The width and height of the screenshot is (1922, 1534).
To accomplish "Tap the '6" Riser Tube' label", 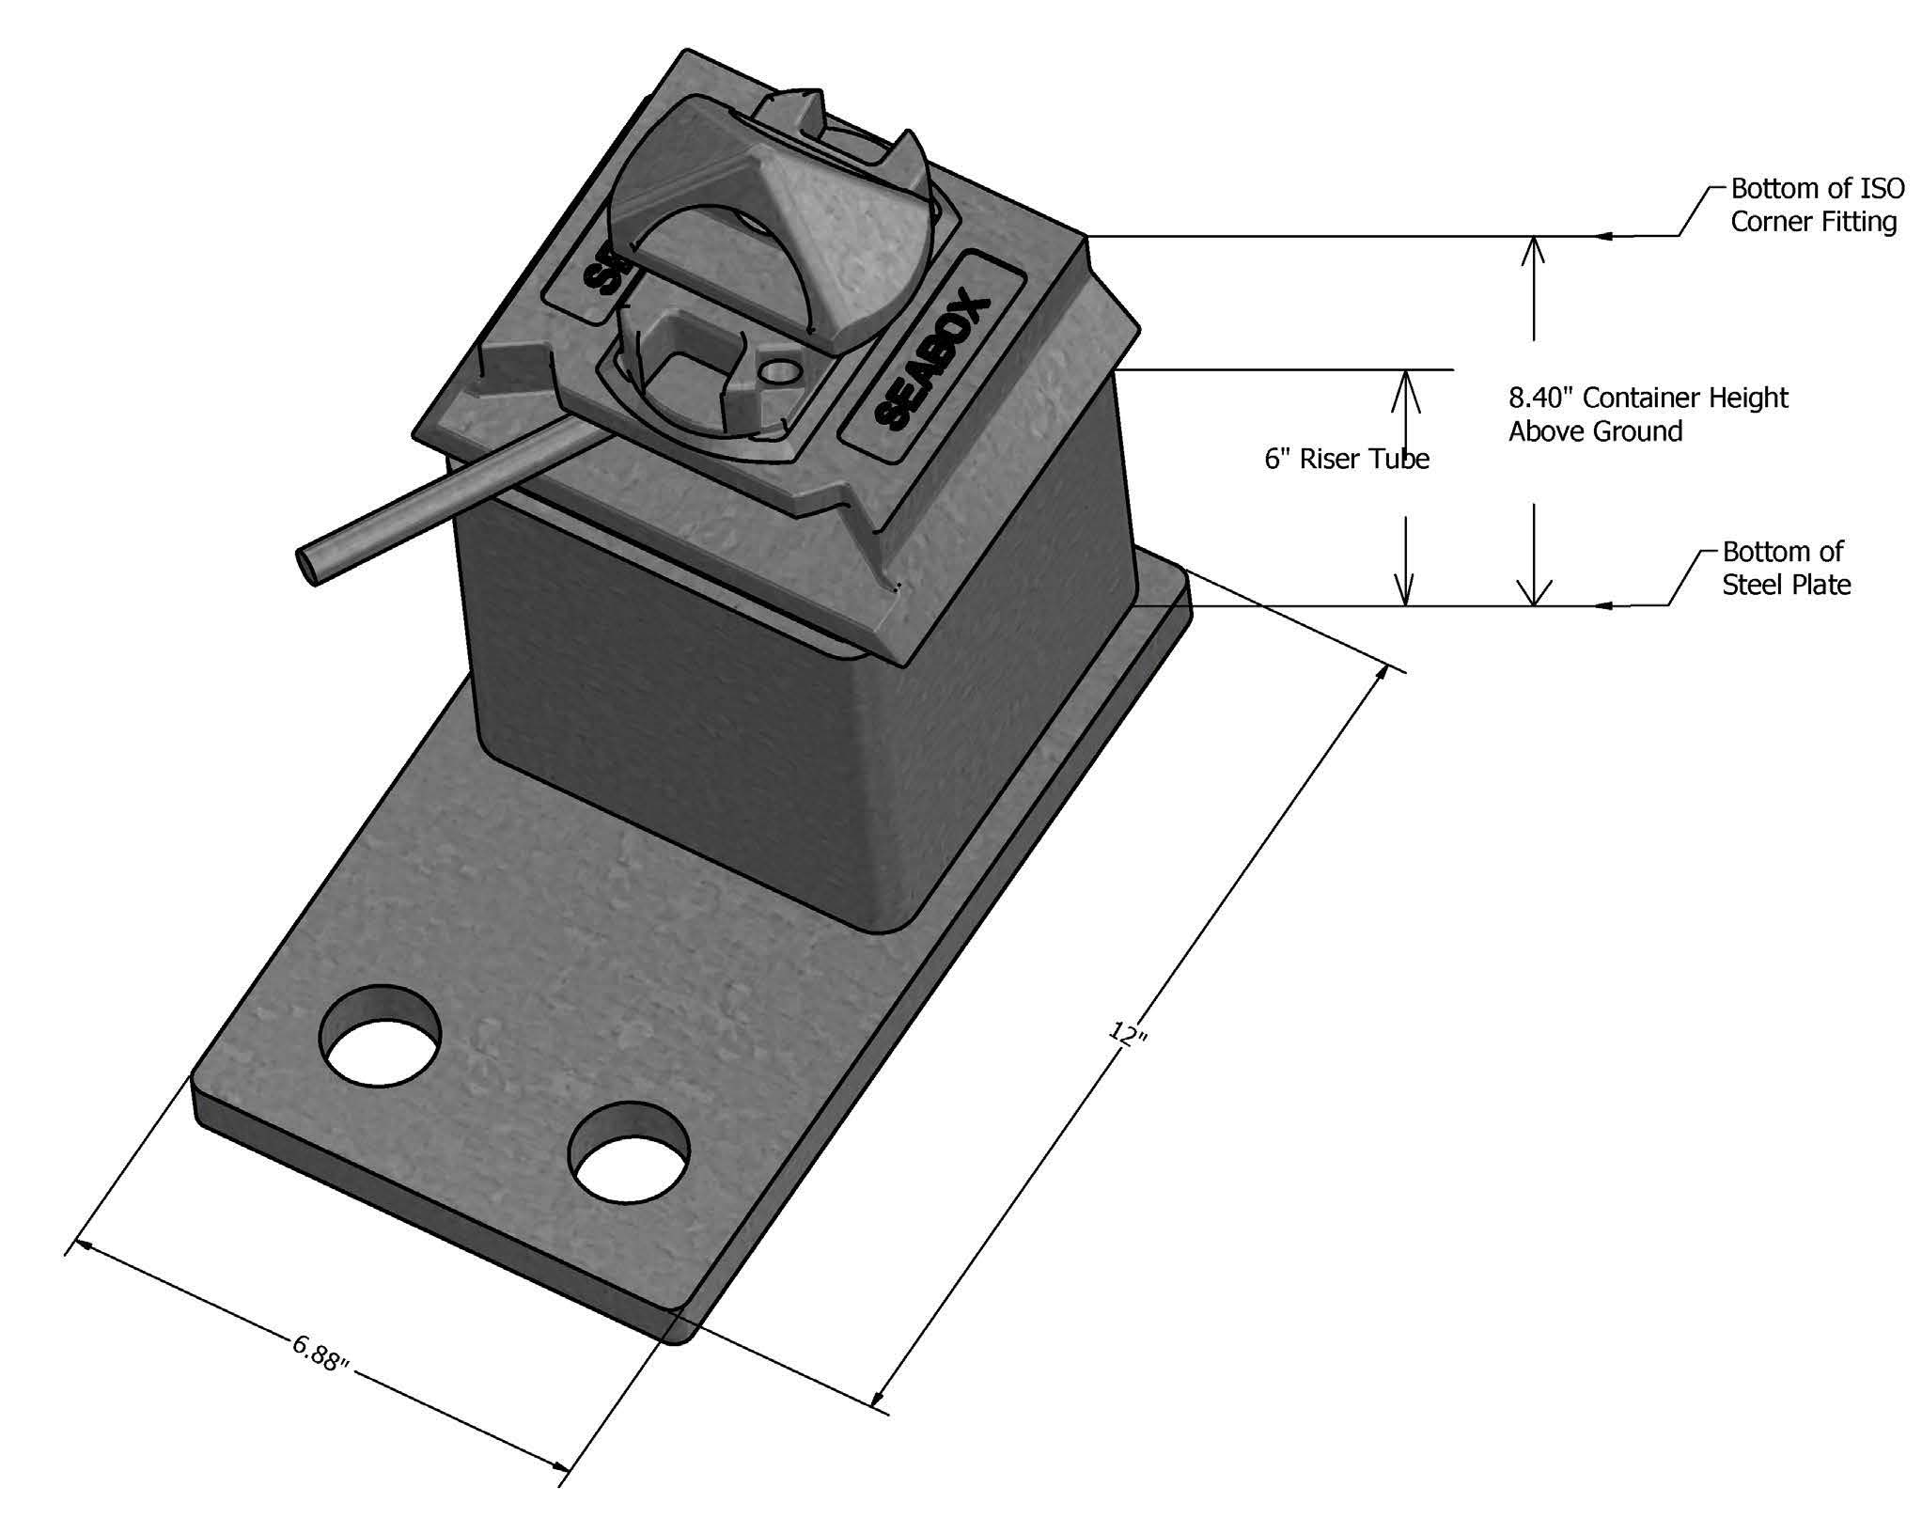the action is [x=1347, y=459].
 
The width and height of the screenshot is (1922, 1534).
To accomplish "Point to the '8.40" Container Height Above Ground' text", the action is [x=1649, y=415].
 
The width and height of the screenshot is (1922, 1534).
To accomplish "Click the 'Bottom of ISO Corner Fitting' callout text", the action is [x=1818, y=205].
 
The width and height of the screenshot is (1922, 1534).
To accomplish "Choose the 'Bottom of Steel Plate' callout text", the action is [x=1786, y=568].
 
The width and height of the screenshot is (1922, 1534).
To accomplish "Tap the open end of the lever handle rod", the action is [x=308, y=567].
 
